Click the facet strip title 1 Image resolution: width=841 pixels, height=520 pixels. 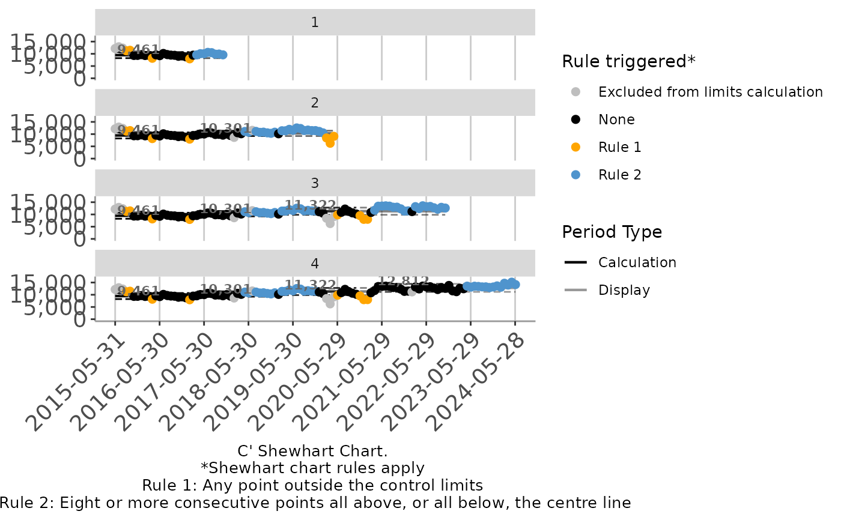[x=315, y=23]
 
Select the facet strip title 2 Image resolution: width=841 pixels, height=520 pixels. [x=315, y=103]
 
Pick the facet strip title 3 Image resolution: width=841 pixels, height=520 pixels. [x=315, y=183]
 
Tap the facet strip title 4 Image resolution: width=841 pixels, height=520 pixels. [x=315, y=264]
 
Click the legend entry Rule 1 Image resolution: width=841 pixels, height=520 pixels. [x=619, y=147]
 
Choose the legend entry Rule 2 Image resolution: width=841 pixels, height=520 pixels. [x=619, y=175]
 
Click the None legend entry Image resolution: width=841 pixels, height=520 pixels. [x=616, y=119]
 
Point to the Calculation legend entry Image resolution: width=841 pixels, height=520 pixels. [x=637, y=262]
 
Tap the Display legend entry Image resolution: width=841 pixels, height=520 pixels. [x=624, y=290]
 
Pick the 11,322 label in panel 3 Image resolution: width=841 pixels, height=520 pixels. [x=310, y=205]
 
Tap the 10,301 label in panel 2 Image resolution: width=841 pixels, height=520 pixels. [x=225, y=128]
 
